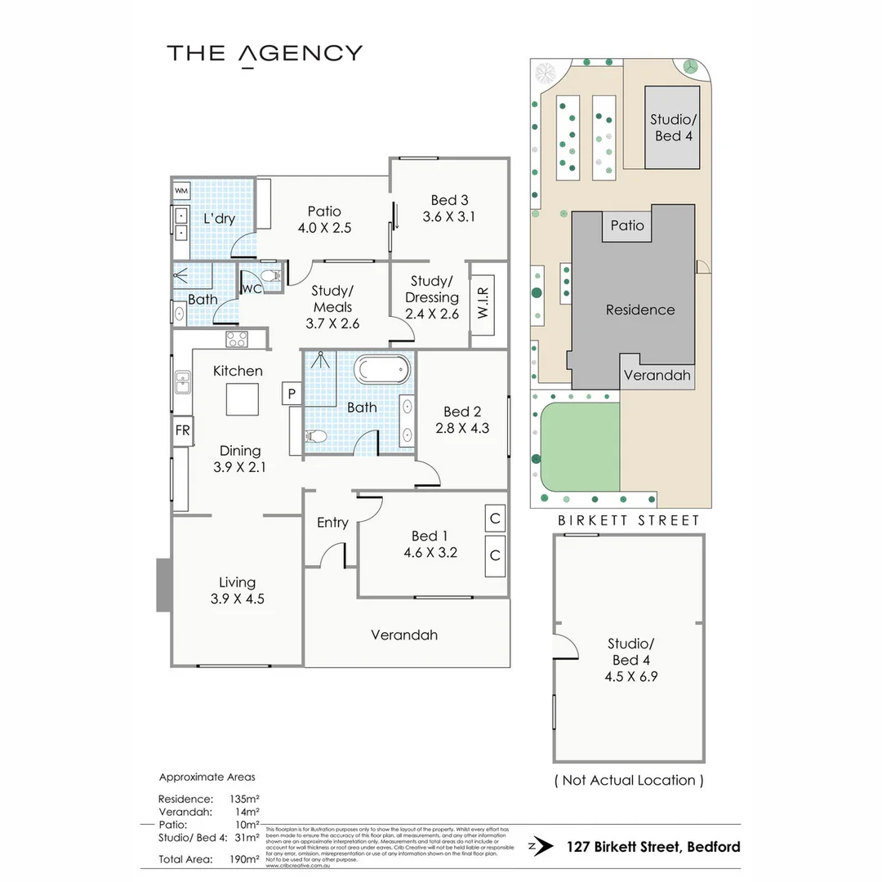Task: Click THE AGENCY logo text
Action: pos(264,54)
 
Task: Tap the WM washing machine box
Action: pos(181,192)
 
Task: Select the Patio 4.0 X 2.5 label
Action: pos(324,220)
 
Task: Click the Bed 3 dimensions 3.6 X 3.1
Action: pos(449,217)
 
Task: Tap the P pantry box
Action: pos(291,394)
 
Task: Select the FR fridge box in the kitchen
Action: pos(182,432)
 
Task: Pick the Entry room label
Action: pos(332,523)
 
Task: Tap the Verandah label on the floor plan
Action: pos(404,635)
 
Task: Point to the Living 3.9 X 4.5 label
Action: pos(237,590)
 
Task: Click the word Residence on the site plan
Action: pos(640,310)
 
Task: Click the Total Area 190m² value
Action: pos(245,859)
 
